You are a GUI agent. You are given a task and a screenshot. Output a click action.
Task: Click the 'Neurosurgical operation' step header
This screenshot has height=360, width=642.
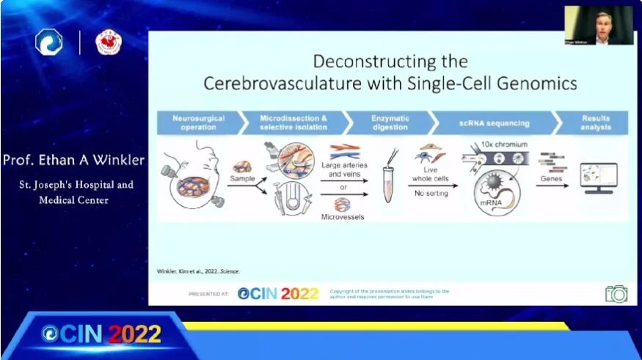coord(199,122)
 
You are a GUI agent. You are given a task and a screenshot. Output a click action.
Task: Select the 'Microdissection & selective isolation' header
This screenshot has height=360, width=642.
coord(293,122)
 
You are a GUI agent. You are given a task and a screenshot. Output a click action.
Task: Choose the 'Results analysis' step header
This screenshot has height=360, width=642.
coord(595,122)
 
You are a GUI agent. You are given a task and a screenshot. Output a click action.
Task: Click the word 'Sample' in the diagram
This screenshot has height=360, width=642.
coord(241,178)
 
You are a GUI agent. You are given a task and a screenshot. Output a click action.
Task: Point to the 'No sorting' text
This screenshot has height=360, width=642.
coord(431,193)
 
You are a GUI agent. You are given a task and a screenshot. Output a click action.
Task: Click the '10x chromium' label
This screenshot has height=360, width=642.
coord(506,145)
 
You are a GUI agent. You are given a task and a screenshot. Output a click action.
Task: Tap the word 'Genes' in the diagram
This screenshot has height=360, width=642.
coord(552,177)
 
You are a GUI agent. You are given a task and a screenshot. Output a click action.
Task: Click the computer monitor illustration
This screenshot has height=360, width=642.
coord(599,177)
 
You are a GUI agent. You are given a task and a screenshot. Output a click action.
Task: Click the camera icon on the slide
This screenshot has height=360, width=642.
coord(616,293)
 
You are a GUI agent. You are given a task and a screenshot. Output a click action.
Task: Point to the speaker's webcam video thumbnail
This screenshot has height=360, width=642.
coord(599,26)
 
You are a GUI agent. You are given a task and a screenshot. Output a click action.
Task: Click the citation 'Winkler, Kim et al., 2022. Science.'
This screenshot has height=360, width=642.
coord(198,271)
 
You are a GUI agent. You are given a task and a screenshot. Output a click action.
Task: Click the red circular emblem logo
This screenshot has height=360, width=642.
coord(109,43)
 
